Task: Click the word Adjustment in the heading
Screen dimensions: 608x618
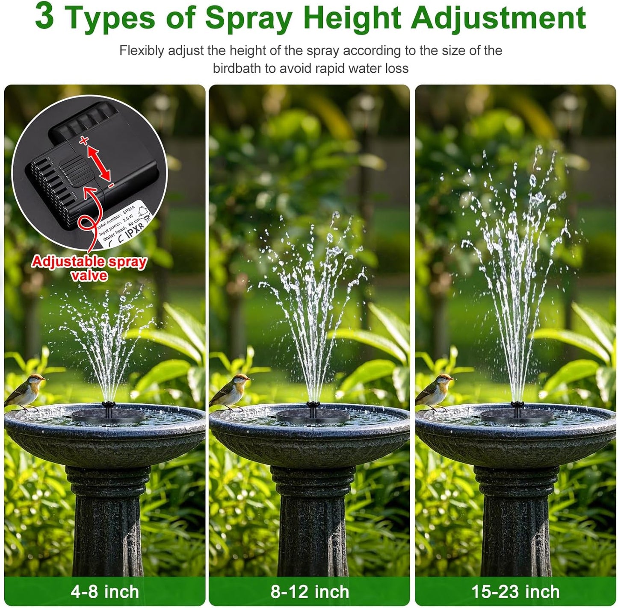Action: click(x=498, y=18)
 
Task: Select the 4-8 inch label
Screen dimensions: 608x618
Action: click(x=105, y=592)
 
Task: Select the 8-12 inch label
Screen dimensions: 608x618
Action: click(x=310, y=592)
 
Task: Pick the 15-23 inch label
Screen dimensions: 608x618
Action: click(x=515, y=592)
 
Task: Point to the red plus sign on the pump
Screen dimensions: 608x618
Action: click(x=84, y=140)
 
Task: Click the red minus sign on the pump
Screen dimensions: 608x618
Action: click(x=111, y=185)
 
